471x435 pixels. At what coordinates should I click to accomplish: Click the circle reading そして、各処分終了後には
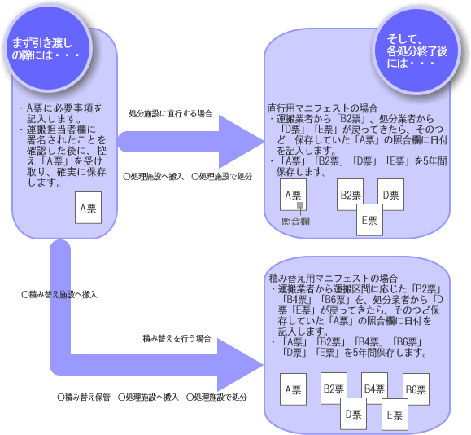[x=416, y=50]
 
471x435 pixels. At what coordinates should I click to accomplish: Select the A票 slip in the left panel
[x=89, y=208]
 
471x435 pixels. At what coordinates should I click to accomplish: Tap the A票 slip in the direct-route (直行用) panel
[x=293, y=195]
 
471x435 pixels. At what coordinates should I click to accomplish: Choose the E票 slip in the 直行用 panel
[x=370, y=220]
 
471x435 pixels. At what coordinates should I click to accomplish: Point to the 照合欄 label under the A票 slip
[x=295, y=222]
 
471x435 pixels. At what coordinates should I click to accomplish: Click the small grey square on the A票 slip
[x=300, y=205]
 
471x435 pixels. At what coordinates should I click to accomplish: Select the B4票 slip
[x=374, y=387]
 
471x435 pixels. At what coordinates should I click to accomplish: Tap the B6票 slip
[x=416, y=388]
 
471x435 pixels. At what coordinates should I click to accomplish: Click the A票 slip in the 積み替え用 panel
[x=293, y=389]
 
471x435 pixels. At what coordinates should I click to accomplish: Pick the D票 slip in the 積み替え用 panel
[x=353, y=414]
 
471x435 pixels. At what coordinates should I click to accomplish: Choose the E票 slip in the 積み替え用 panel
[x=395, y=415]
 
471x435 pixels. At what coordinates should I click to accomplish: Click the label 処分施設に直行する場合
[x=171, y=114]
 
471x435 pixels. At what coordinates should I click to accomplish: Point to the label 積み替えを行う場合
[x=177, y=339]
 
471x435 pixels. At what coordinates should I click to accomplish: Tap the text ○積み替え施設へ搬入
[x=59, y=295]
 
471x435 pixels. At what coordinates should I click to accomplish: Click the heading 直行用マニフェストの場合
[x=322, y=108]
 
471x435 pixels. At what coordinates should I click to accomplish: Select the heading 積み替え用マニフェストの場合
[x=334, y=278]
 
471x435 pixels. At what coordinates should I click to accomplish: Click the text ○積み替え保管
[x=84, y=397]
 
